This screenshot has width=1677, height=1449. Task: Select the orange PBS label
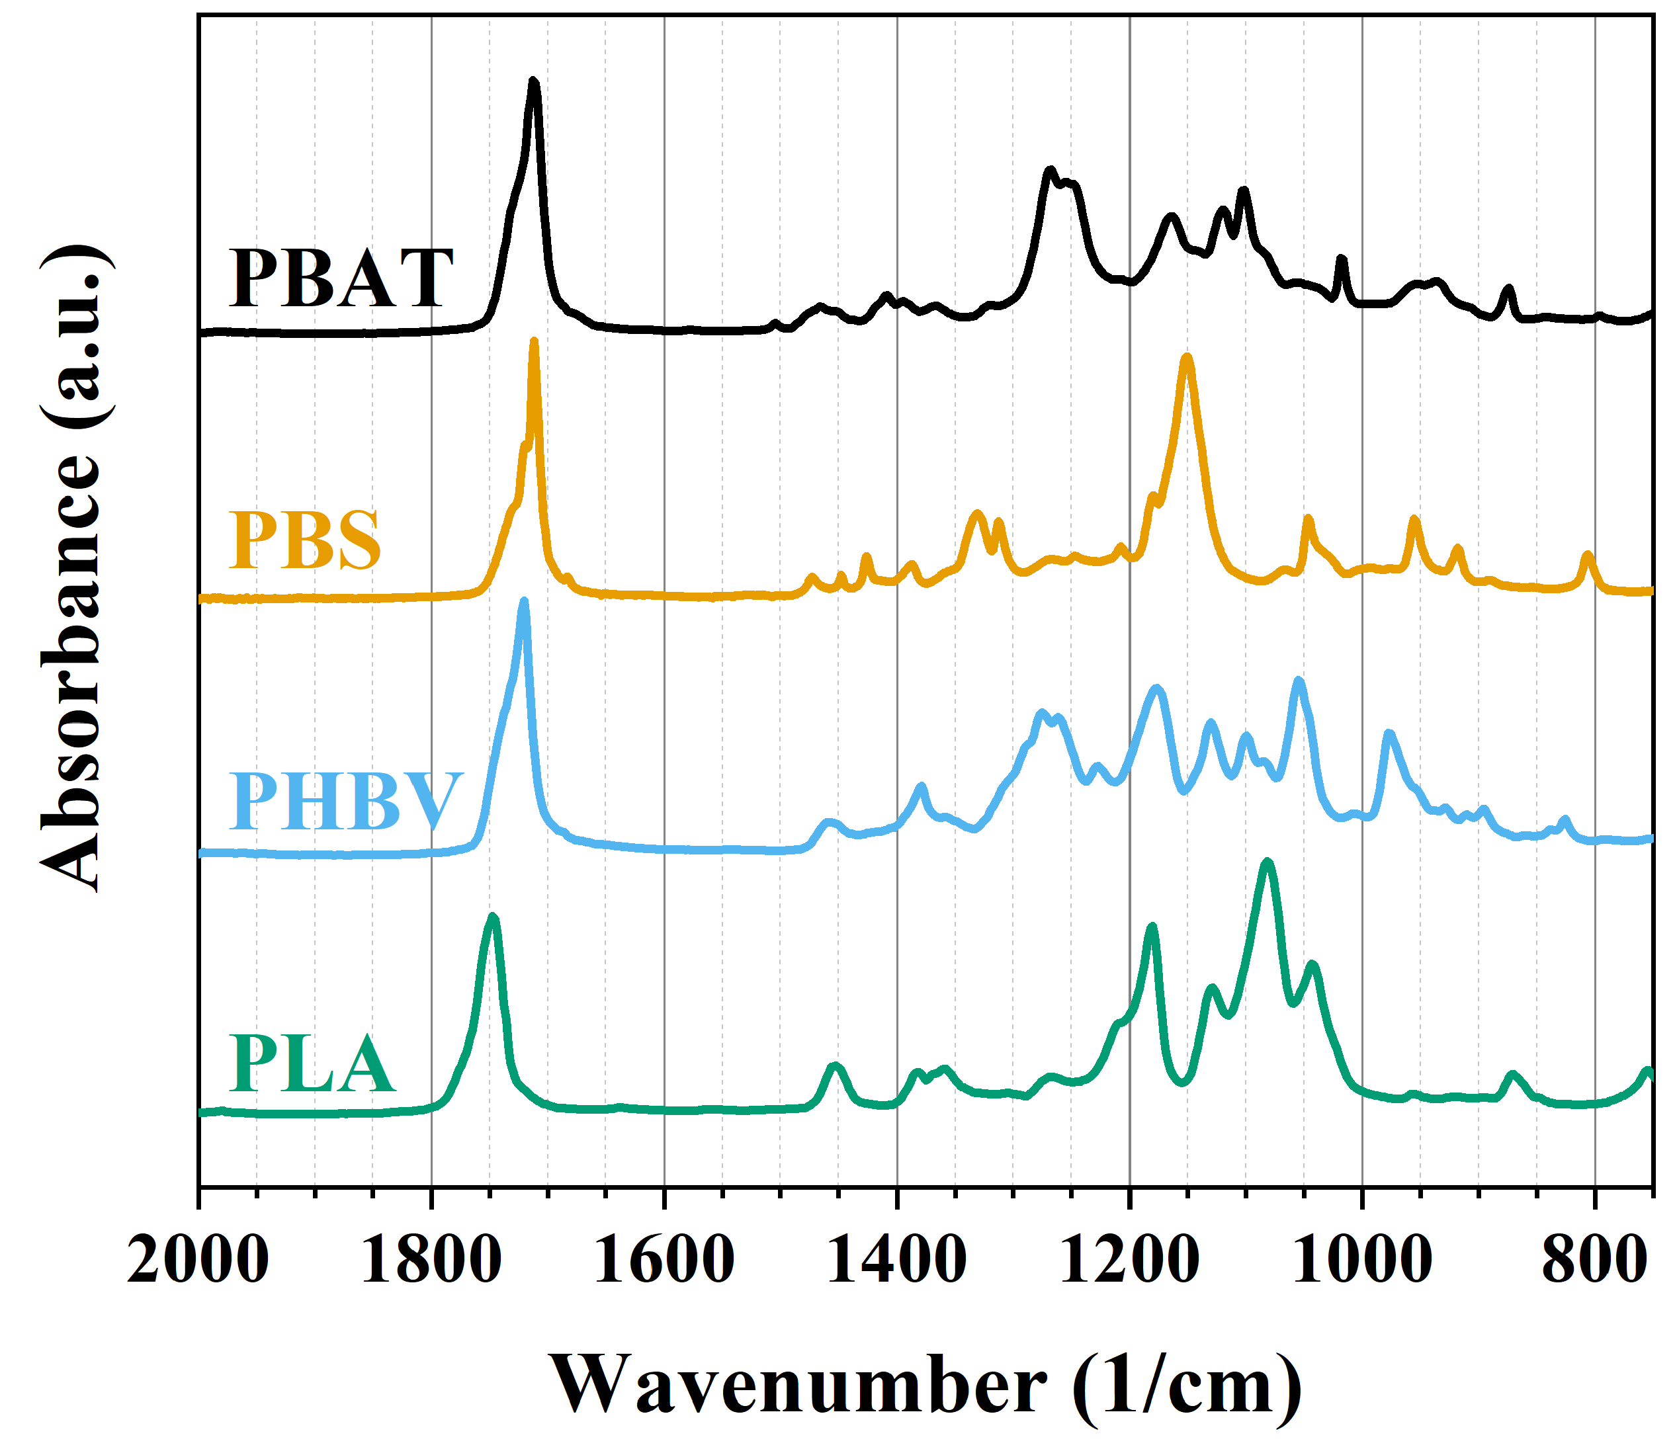[x=305, y=540]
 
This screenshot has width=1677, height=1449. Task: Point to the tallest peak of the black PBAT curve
[x=533, y=81]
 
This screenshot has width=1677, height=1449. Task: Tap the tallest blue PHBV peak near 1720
[x=524, y=602]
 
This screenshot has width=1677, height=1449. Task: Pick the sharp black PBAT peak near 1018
[x=1341, y=259]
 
